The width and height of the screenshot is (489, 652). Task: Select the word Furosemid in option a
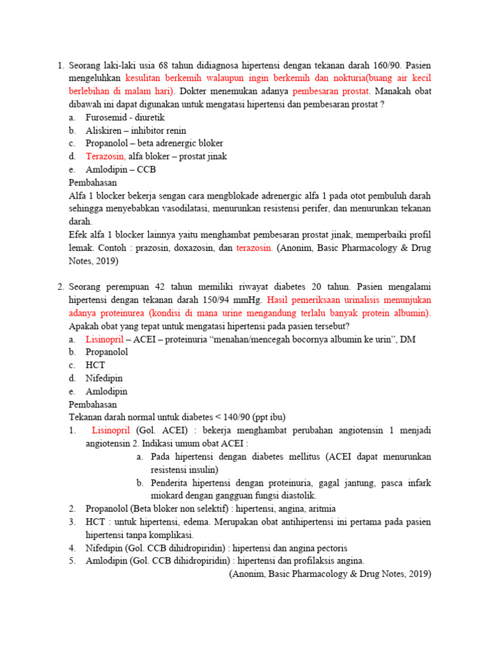(106, 117)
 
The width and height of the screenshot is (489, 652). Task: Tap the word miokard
(168, 495)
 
